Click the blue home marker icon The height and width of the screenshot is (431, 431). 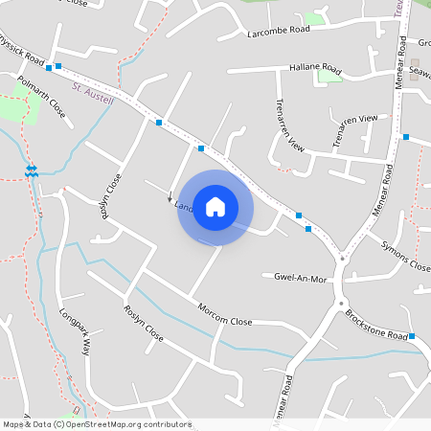(x=215, y=207)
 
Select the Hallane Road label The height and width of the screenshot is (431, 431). (x=315, y=68)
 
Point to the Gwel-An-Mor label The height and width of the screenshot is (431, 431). (x=301, y=277)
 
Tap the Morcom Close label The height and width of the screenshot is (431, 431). (x=224, y=315)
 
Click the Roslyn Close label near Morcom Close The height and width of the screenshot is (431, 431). (x=144, y=325)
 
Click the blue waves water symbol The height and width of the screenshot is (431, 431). (x=32, y=170)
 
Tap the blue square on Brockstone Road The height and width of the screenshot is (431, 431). (x=412, y=336)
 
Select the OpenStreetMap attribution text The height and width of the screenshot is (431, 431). (x=97, y=424)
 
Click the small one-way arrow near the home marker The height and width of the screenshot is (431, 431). (x=170, y=199)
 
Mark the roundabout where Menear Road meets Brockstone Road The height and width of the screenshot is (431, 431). (x=341, y=257)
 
